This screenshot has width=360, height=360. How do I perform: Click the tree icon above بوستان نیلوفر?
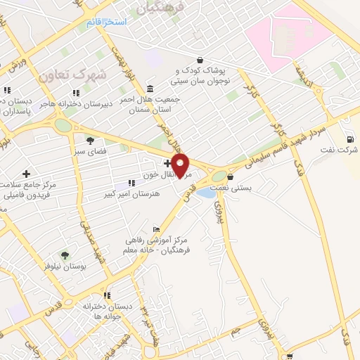point(66,255)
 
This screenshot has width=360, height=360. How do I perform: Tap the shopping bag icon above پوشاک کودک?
point(201,60)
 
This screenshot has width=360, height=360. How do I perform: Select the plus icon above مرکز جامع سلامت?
point(27,173)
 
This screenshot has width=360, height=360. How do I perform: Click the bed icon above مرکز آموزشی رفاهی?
point(156,229)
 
